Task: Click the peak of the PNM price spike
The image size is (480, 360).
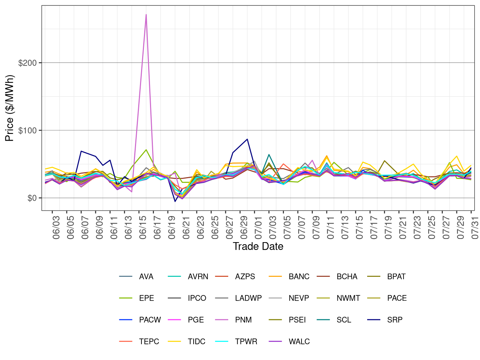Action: point(146,15)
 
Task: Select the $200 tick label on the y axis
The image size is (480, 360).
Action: point(27,63)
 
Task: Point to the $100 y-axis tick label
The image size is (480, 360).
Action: point(27,131)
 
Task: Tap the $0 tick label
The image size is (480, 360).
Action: point(32,198)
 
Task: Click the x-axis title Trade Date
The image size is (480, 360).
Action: point(258,246)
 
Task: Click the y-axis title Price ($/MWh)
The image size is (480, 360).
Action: point(10,108)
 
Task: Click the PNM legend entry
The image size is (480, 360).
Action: point(243,320)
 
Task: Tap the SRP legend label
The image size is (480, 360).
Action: point(395,320)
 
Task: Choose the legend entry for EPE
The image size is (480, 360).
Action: point(146,298)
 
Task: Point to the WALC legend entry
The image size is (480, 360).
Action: point(299,342)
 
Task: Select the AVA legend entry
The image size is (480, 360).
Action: point(146,277)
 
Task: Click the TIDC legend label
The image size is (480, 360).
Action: point(196,342)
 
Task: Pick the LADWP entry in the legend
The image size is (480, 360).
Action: point(248,298)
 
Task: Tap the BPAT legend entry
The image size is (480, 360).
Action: point(396,277)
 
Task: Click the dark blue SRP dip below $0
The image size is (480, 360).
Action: point(175,201)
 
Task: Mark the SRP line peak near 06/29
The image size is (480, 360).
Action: point(247,139)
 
